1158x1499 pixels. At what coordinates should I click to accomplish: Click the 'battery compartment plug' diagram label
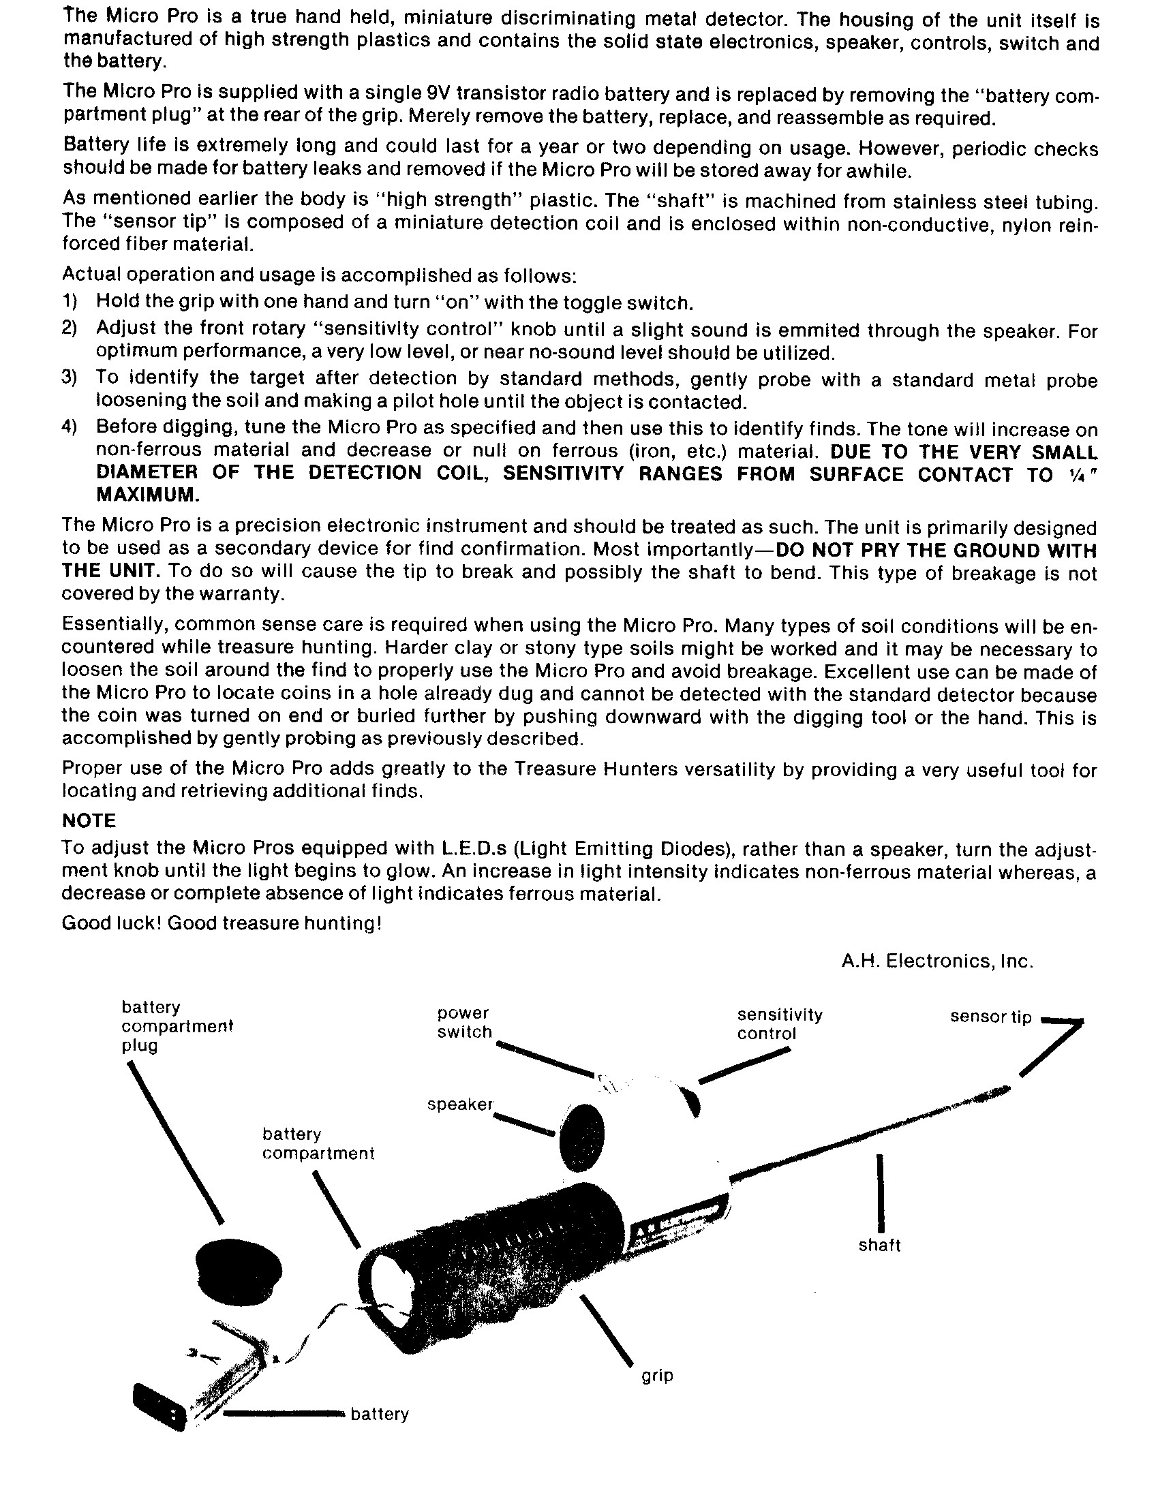(177, 1026)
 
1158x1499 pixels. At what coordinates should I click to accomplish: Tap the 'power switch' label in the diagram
(464, 1022)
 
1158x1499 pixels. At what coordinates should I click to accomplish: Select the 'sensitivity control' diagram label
(779, 1023)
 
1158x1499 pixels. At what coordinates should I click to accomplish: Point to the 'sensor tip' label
(990, 1017)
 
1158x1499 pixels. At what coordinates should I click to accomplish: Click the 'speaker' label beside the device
(460, 1104)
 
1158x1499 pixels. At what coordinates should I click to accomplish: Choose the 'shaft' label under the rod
(879, 1245)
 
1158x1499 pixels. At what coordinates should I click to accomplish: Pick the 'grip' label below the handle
(657, 1376)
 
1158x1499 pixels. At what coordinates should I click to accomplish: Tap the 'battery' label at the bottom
(380, 1414)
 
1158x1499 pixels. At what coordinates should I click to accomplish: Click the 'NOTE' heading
(89, 821)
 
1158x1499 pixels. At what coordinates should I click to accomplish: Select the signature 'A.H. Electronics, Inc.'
(937, 961)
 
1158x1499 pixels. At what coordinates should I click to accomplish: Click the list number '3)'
(70, 377)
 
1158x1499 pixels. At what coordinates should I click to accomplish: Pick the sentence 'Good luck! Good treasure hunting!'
(222, 923)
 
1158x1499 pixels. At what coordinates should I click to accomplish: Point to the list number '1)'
(70, 300)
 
